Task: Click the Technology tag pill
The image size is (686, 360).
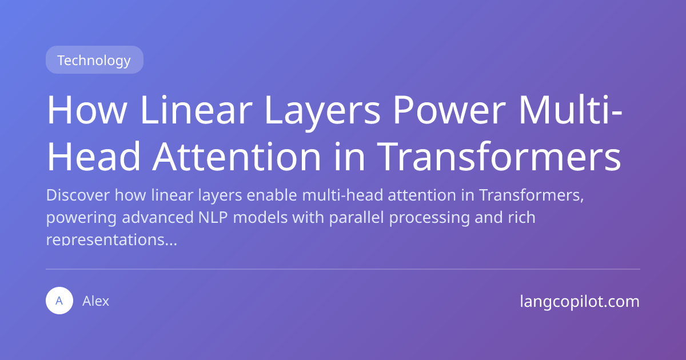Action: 94,60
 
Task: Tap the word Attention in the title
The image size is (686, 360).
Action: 235,157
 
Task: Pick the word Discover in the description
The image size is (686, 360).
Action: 78,195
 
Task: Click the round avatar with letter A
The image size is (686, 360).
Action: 59,301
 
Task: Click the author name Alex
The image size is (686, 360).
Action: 96,301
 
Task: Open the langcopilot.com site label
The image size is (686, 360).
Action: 580,301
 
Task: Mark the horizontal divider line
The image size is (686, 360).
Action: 343,269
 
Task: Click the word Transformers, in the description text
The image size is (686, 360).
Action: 531,195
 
